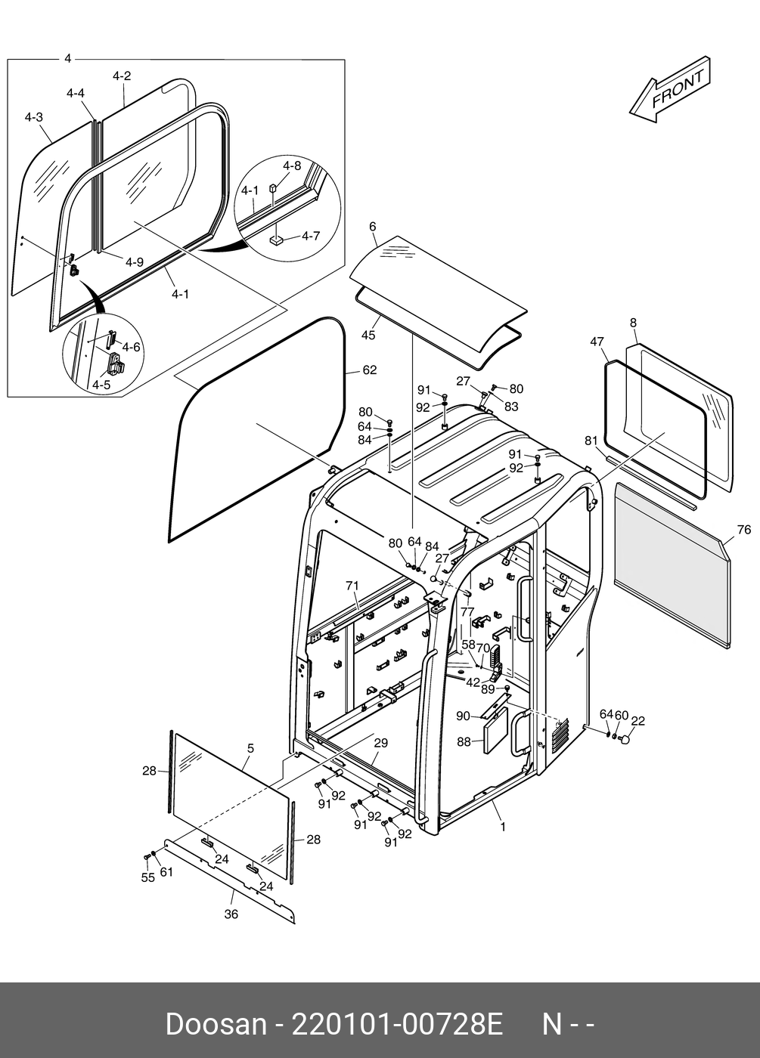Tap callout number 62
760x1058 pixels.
pyautogui.click(x=369, y=370)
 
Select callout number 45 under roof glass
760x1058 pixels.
pyautogui.click(x=368, y=335)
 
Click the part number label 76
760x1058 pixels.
pyautogui.click(x=743, y=530)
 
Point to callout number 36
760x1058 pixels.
pyautogui.click(x=231, y=914)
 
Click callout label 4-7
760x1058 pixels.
pyautogui.click(x=311, y=237)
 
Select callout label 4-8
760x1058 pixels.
pyautogui.click(x=292, y=166)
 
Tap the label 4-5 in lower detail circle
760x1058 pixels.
pyautogui.click(x=101, y=385)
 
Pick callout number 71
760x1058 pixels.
pyautogui.click(x=352, y=586)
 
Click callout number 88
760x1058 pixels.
pyautogui.click(x=464, y=742)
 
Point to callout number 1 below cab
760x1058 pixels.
pyautogui.click(x=503, y=827)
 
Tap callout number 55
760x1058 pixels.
pyautogui.click(x=147, y=877)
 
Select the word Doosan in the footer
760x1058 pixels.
pyautogui.click(x=216, y=1025)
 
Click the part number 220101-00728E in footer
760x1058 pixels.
pyautogui.click(x=397, y=1025)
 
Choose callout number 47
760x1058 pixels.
pyautogui.click(x=597, y=342)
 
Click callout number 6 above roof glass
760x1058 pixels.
pyautogui.click(x=373, y=227)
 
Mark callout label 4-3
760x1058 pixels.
pyautogui.click(x=33, y=117)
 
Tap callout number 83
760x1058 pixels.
pyautogui.click(x=511, y=407)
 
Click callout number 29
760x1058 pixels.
pyautogui.click(x=380, y=744)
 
